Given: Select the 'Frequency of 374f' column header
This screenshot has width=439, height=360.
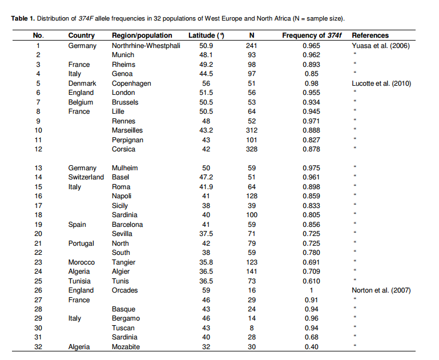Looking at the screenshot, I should [311, 35].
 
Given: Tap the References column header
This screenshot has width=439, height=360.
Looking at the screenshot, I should [370, 35].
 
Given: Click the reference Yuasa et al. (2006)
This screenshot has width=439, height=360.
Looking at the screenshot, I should [380, 45].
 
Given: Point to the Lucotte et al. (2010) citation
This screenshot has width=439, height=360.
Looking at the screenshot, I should [381, 83].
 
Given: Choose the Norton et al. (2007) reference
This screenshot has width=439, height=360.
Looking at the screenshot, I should [381, 290].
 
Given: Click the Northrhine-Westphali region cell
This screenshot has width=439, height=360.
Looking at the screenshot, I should [146, 45].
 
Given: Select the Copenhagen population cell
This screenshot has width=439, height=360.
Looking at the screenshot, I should [131, 83].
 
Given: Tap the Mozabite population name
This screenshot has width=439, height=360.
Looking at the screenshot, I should [126, 347].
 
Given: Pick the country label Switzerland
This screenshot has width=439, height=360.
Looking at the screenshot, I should [86, 177].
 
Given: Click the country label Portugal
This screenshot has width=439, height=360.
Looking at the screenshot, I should [81, 243].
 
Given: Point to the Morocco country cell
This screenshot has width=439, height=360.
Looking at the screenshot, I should [82, 262].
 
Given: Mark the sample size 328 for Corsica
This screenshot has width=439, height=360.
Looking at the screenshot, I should [251, 149].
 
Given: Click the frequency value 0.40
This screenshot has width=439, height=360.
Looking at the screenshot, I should [311, 347].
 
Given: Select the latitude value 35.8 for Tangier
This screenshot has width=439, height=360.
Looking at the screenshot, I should [206, 262].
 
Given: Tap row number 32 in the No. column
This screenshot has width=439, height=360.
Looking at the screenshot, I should [39, 347].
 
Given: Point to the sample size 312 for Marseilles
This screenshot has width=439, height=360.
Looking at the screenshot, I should [251, 130].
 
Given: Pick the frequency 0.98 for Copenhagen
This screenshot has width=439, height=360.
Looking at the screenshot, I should [311, 83].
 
